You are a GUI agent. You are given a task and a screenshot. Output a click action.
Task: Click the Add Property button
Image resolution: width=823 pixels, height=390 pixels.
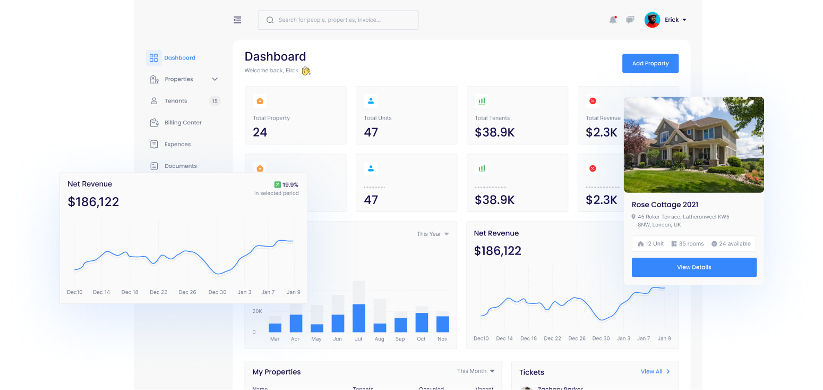coord(650,63)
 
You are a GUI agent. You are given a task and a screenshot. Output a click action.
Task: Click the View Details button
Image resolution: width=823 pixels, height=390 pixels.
coord(693,267)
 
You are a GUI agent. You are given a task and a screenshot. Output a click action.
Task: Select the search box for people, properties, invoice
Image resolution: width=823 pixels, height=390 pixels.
coord(338,20)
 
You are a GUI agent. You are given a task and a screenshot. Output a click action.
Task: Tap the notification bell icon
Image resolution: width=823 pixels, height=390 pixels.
coord(613,20)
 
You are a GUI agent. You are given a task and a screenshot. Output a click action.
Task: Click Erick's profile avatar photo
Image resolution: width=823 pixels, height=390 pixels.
coord(652,20)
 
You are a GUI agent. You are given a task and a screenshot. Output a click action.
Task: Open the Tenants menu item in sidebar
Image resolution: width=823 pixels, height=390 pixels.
coord(176,101)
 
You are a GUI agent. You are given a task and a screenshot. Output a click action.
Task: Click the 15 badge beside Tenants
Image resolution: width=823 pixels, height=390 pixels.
coord(215,101)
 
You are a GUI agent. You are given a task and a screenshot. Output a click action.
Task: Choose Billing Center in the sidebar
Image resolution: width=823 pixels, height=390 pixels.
coord(183,123)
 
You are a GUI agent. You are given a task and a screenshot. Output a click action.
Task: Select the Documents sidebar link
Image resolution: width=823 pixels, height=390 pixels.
coord(181,166)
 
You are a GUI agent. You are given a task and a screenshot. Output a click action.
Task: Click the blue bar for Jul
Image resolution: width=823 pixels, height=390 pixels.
coord(359,318)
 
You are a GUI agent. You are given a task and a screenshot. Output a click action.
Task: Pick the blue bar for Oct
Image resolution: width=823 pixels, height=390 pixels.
coord(422,322)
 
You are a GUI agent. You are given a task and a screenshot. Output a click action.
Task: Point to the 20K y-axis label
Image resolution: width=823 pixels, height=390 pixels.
coord(257,311)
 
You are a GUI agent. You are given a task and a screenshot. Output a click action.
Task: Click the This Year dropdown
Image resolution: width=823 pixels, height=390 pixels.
coord(433,234)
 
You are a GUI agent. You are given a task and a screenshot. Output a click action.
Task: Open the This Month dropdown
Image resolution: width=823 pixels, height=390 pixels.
coord(476,371)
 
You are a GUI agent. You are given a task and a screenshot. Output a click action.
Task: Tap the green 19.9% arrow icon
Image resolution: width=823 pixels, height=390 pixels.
coord(277,185)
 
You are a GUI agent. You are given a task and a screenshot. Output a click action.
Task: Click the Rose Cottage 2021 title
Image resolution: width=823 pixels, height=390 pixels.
coord(665,205)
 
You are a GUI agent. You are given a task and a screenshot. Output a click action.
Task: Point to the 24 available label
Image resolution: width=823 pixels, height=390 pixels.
coord(731,244)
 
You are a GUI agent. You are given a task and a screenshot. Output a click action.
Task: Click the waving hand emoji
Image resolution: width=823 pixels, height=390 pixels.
coord(306,71)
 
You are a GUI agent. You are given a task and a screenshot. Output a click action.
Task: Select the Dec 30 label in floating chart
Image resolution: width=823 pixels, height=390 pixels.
coord(217,292)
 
